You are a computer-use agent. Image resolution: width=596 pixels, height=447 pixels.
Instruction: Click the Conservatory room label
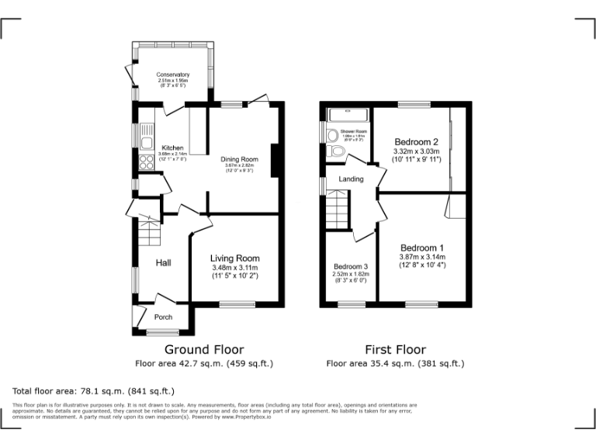pos(173,74)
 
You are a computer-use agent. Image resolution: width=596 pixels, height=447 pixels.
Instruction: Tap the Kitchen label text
pos(172,147)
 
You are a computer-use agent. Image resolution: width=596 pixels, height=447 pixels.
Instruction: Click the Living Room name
pos(235,258)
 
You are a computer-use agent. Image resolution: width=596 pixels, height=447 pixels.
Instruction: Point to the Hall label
pos(163,263)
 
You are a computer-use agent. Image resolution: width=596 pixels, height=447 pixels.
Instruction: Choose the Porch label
pos(163,317)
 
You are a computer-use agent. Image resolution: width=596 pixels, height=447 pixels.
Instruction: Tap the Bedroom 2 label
pos(417,142)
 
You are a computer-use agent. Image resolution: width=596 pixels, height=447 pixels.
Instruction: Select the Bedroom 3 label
pos(349,266)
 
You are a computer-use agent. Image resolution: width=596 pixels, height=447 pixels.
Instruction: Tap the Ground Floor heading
pos(204,349)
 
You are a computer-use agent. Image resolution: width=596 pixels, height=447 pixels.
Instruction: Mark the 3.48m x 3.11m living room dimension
pos(235,269)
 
